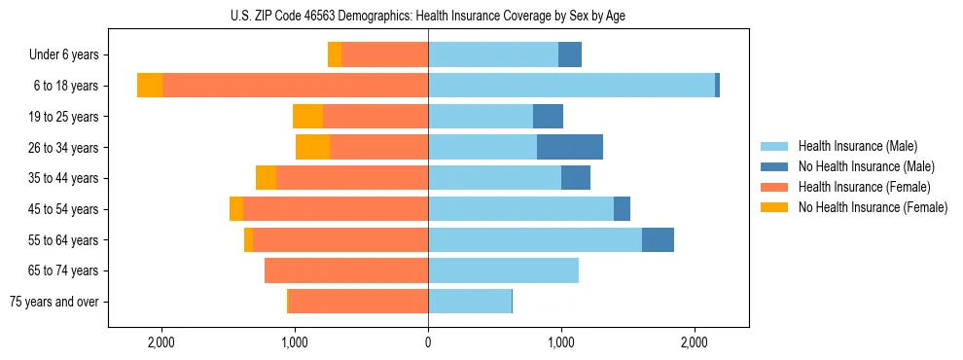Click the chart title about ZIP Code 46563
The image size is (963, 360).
click(428, 16)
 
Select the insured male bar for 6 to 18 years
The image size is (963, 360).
click(571, 86)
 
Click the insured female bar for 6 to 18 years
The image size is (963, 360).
click(295, 86)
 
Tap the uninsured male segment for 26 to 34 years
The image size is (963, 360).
click(570, 147)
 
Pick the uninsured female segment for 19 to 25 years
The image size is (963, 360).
click(307, 117)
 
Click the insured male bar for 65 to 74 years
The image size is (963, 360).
click(503, 270)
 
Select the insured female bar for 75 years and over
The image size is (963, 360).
click(358, 302)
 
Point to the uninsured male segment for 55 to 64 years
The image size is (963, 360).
click(658, 239)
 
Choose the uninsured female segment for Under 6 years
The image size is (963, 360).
click(335, 54)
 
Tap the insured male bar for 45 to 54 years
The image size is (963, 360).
click(520, 209)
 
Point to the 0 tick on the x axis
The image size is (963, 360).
click(428, 343)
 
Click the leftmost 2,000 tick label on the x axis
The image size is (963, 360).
click(160, 343)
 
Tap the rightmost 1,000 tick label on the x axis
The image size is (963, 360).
click(561, 343)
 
